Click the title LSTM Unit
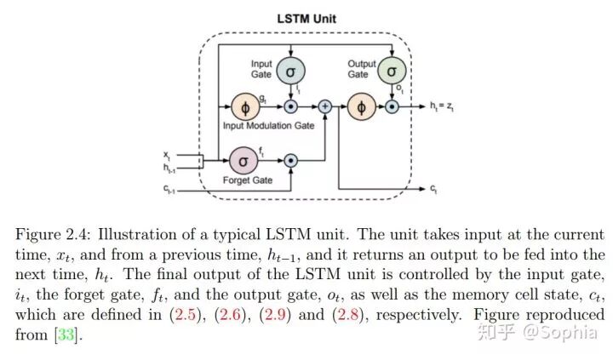click(306, 17)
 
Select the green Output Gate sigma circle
click(392, 71)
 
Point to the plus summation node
click(324, 107)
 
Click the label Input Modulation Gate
click(268, 126)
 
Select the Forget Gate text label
click(247, 180)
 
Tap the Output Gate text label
click(362, 69)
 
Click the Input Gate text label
click(261, 69)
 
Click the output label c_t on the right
click(434, 187)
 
